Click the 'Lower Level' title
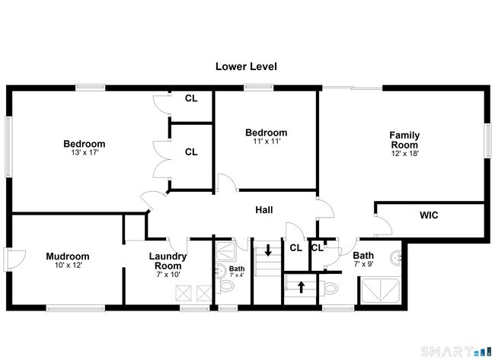[246, 66]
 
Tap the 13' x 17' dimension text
[85, 153]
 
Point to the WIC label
[429, 215]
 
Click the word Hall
[264, 210]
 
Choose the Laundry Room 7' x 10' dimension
[168, 275]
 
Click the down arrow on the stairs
[268, 250]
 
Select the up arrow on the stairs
[301, 287]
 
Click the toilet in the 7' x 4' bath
[226, 286]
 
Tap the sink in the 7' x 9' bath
[396, 258]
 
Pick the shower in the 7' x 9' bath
[381, 290]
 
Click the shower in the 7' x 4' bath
[225, 251]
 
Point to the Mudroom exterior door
[7, 260]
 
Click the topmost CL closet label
[191, 98]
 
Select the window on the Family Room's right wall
[487, 140]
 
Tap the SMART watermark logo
[456, 352]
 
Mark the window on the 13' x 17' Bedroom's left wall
[8, 147]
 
